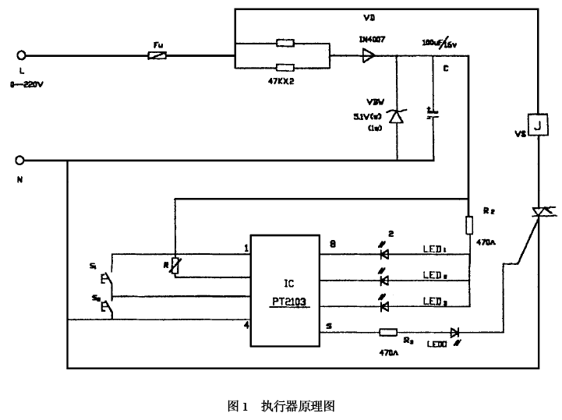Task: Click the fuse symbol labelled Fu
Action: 156,55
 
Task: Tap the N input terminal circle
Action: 21,161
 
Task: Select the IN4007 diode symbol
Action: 367,55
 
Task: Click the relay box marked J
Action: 539,125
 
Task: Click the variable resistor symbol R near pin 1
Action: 175,265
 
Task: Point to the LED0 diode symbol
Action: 456,333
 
